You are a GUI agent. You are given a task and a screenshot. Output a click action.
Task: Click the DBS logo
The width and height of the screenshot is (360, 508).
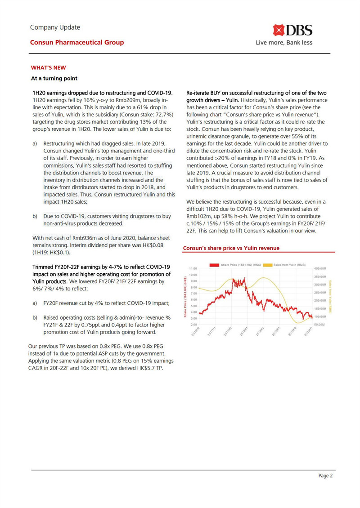pos(294,31)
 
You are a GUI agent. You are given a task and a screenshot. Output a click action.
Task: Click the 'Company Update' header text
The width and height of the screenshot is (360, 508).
pos(55,27)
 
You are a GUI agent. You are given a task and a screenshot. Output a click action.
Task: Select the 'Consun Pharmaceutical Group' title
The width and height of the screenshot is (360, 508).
pos(77,43)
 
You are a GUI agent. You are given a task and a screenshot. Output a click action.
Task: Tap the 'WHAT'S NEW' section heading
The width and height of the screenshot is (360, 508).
pos(48,68)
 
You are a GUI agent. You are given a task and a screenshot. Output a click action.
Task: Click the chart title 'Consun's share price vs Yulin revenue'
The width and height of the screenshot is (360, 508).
pos(231,248)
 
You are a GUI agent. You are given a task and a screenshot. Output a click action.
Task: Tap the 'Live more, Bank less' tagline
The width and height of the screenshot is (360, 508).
pos(284,43)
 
